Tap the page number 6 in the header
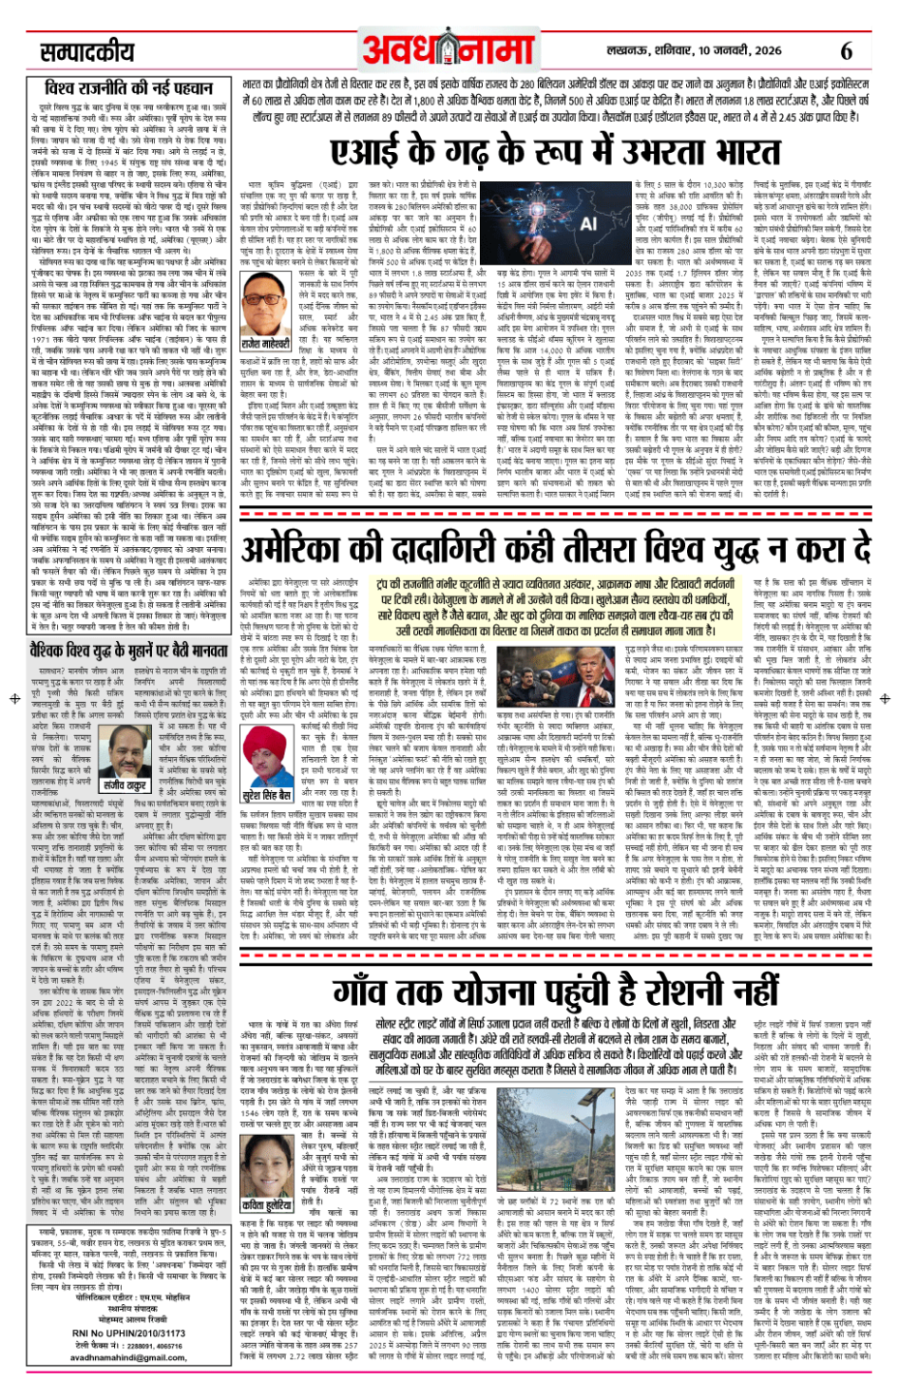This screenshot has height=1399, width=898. pos(846,50)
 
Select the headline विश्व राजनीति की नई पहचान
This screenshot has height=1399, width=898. pos(129,89)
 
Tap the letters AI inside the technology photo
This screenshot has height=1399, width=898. pos(588,224)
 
